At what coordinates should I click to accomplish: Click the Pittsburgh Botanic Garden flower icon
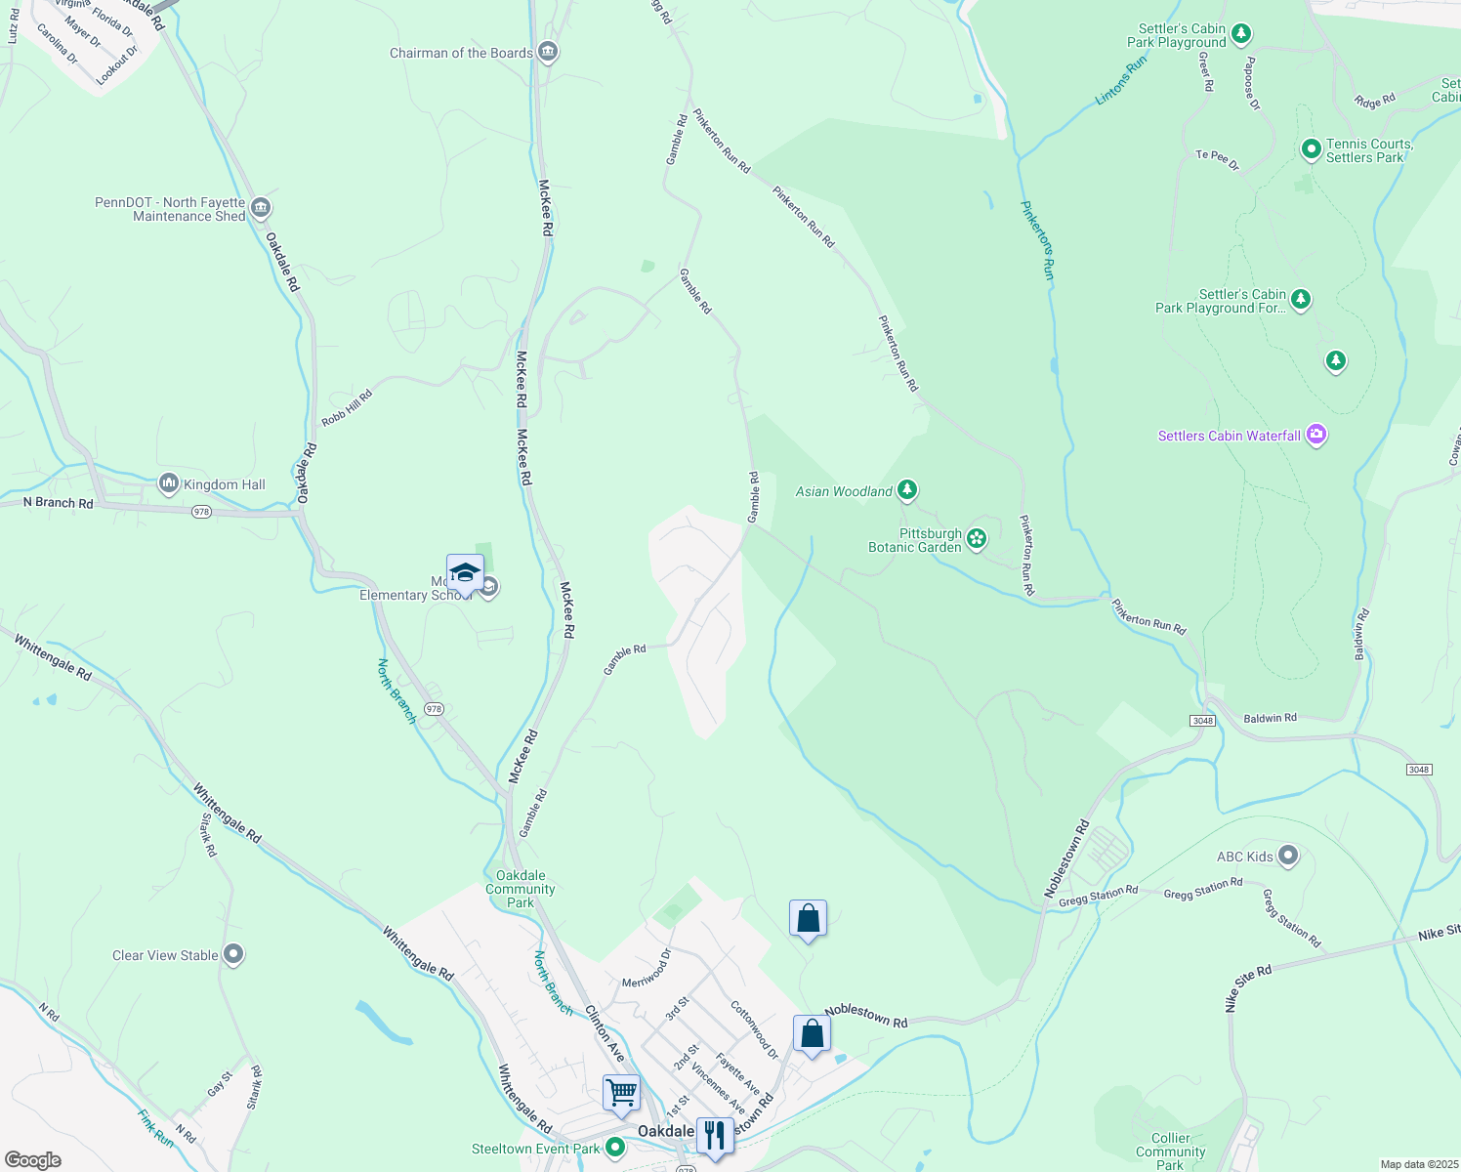[977, 538]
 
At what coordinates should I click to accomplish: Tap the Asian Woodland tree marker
[907, 490]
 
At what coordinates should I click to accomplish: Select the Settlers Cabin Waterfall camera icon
[1316, 435]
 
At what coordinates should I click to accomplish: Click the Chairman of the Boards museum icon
[548, 53]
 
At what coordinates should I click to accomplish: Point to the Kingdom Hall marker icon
[169, 483]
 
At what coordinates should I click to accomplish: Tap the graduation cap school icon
[465, 572]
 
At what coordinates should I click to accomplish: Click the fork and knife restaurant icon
[715, 1135]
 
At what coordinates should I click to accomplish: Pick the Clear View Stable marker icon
[233, 954]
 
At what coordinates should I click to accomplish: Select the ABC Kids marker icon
[1288, 857]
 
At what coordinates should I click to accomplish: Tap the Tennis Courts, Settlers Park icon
[1312, 150]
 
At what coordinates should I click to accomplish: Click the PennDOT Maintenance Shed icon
[261, 208]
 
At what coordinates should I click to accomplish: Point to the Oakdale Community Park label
[521, 889]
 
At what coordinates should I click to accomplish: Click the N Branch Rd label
[59, 503]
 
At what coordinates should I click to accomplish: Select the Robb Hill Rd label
[347, 407]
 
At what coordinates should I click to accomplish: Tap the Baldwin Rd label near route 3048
[1270, 718]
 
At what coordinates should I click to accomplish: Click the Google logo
[33, 1160]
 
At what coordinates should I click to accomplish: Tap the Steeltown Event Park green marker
[615, 1148]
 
